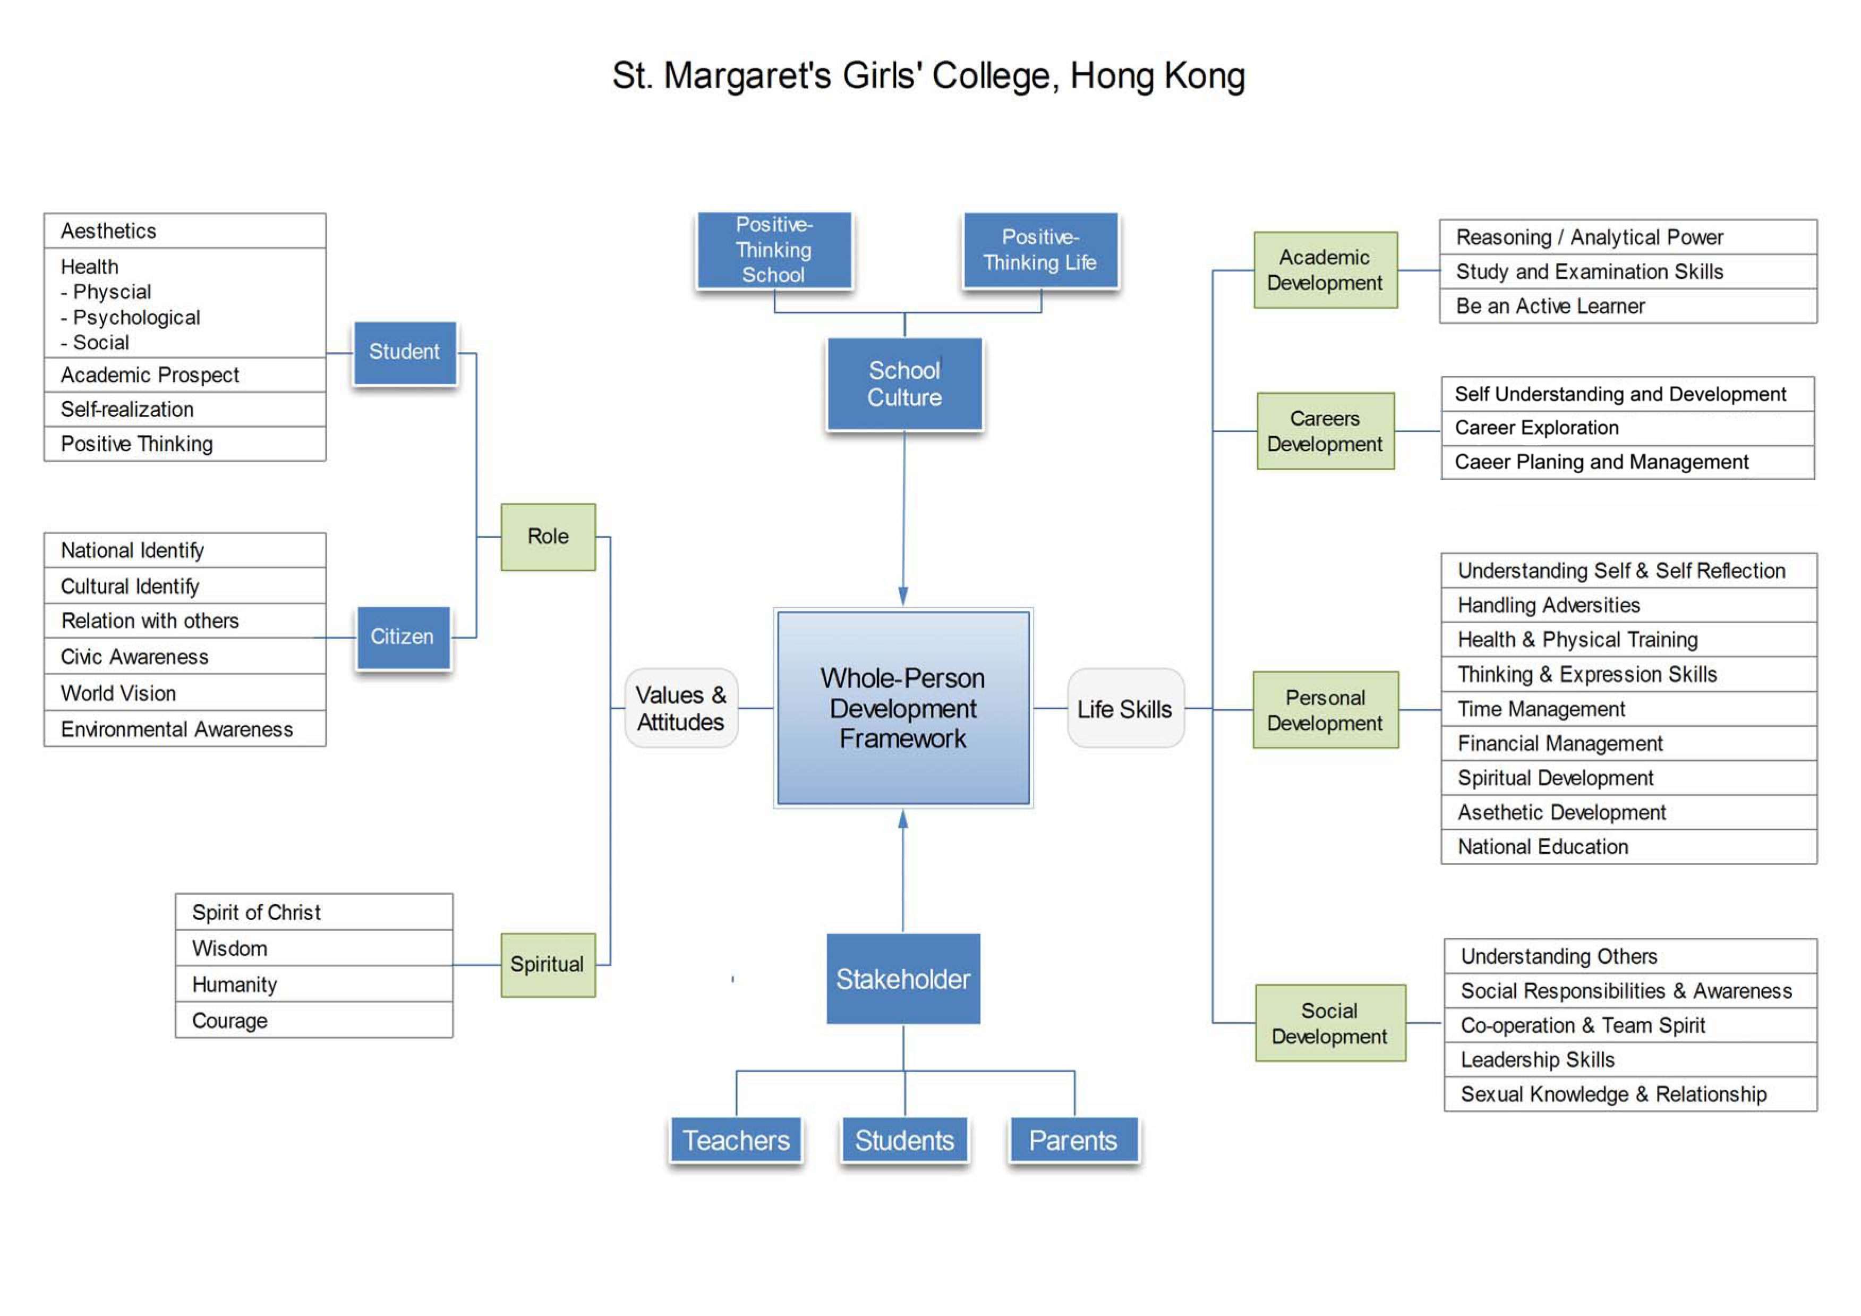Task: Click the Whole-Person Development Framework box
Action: [903, 708]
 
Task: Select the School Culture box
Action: [904, 384]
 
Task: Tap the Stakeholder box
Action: [903, 979]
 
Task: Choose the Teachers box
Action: [736, 1140]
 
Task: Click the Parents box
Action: [1073, 1140]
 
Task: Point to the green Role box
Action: [548, 537]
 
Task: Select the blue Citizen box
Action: [403, 638]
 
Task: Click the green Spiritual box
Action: [548, 964]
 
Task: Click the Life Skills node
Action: [1125, 709]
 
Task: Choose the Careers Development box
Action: [1325, 431]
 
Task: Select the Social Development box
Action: [1330, 1023]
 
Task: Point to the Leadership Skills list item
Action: [1538, 1060]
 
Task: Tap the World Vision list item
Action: [118, 693]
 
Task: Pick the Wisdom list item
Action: [229, 949]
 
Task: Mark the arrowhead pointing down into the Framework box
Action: [903, 596]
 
